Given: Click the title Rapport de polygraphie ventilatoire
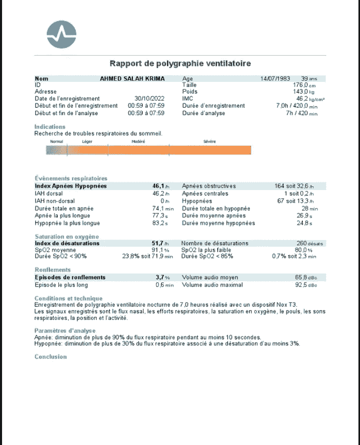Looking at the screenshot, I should pyautogui.click(x=180, y=63).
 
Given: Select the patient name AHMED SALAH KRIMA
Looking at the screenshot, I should pyautogui.click(x=132, y=79).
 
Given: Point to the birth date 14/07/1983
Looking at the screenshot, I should pyautogui.click(x=276, y=79).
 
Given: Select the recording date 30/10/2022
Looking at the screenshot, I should pyautogui.click(x=149, y=98).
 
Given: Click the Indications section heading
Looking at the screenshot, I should pyautogui.click(x=50, y=127).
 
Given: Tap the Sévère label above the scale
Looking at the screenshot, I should pyautogui.click(x=210, y=141).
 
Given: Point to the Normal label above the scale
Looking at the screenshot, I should pyautogui.click(x=57, y=141).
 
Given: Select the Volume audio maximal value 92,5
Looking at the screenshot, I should pyautogui.click(x=305, y=285).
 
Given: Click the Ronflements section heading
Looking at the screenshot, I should pyautogui.click(x=53, y=270).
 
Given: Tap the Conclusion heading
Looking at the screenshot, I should pyautogui.click(x=50, y=356).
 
